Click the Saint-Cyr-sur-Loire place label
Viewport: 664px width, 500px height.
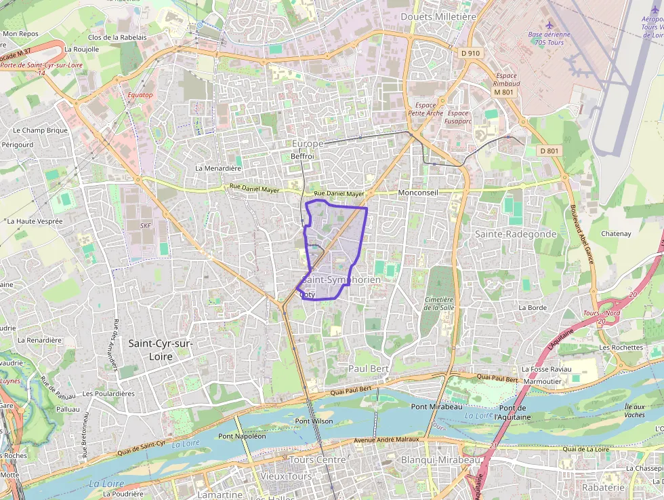161,349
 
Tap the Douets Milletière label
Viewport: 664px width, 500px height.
438,16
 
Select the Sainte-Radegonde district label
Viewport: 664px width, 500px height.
516,234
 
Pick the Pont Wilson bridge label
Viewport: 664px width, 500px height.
314,421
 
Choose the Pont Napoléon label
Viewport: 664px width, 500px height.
242,436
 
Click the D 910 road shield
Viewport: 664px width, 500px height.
470,53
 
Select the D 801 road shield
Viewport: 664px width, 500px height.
549,151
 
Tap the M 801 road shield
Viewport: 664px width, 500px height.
503,92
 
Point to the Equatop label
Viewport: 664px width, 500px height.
140,95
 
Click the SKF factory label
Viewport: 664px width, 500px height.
146,226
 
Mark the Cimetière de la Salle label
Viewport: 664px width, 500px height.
438,303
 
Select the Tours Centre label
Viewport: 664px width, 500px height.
317,460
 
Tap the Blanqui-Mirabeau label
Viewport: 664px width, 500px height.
440,460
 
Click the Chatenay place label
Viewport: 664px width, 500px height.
616,233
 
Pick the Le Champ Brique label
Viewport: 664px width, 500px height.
41,130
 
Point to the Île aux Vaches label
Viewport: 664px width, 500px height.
634,410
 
